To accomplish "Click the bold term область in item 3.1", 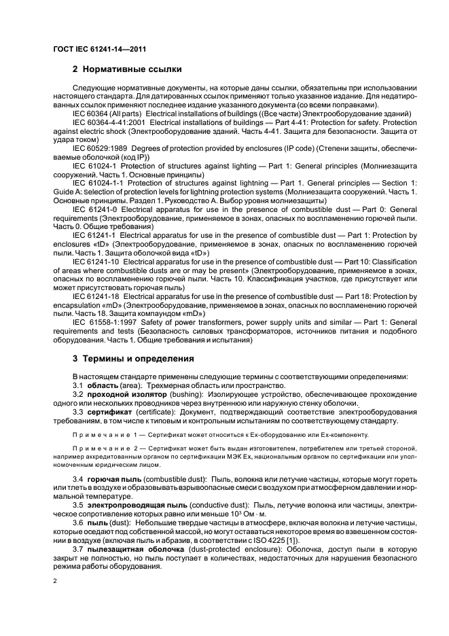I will (x=103, y=385).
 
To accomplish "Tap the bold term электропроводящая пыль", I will (x=139, y=506).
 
